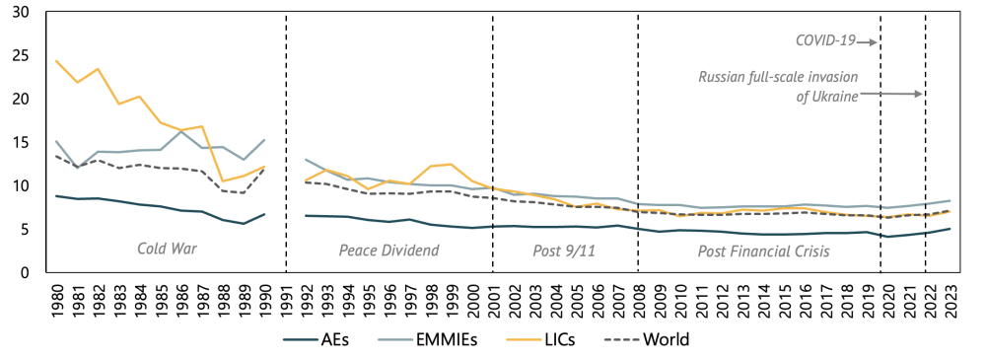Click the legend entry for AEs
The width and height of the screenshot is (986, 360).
314,340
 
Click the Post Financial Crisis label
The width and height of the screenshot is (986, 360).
763,252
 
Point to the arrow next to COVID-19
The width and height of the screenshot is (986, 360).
867,41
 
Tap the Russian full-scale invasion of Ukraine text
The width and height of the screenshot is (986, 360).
778,86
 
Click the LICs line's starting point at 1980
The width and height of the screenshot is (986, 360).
57,61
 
